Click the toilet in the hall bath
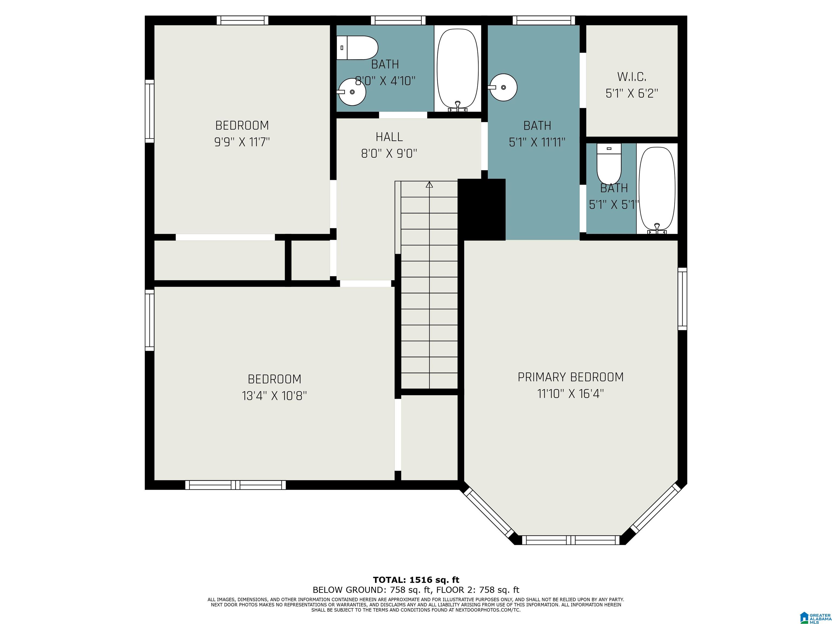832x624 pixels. coord(357,48)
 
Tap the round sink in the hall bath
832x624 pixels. coord(352,92)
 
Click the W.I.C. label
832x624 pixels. coord(632,77)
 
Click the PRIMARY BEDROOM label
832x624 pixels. coord(571,377)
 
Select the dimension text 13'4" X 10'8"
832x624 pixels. coord(275,396)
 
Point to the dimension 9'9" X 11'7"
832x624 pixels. coord(242,142)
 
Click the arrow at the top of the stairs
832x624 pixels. coord(429,184)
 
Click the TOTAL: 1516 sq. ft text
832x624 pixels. coord(416,580)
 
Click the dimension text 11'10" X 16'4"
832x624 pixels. coord(571,394)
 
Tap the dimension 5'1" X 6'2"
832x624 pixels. coord(632,93)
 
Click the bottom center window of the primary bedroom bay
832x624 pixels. coord(571,540)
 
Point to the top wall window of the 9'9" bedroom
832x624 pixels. coord(243,20)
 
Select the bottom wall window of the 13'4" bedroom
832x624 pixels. coord(235,485)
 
